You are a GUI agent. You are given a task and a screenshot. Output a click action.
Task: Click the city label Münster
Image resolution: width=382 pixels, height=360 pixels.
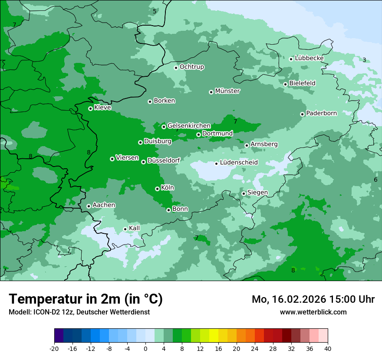click(x=227, y=91)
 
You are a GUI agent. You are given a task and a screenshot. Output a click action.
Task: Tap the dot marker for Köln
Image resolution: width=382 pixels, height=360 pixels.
click(x=157, y=189)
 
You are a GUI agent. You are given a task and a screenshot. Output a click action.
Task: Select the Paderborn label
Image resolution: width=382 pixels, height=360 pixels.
click(x=321, y=113)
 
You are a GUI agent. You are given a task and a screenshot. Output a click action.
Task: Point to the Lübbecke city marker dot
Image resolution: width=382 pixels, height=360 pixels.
click(x=291, y=59)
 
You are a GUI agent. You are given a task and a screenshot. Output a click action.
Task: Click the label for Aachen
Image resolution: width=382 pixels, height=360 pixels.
click(x=104, y=205)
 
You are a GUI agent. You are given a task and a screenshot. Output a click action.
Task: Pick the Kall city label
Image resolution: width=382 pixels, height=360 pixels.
click(x=134, y=228)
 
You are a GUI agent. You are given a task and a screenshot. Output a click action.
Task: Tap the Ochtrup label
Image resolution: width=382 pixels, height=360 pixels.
click(x=191, y=67)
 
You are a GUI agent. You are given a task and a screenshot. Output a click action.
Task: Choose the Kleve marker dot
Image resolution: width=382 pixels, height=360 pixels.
click(x=90, y=108)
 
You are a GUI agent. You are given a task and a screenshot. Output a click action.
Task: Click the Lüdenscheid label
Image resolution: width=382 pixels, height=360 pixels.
click(x=239, y=163)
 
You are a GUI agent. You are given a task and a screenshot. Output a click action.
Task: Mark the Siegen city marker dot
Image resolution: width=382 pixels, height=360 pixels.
click(x=244, y=193)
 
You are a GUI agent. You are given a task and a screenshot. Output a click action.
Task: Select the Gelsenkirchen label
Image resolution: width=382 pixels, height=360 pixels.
click(x=189, y=126)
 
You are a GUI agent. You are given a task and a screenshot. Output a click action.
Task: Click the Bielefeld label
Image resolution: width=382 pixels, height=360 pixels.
click(x=302, y=83)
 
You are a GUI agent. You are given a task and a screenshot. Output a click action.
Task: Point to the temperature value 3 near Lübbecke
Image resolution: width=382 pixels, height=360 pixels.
click(x=364, y=60)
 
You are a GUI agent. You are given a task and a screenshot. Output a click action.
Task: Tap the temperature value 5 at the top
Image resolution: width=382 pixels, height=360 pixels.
click(x=155, y=11)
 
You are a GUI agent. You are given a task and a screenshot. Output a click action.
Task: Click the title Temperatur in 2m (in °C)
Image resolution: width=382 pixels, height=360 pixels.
click(x=86, y=299)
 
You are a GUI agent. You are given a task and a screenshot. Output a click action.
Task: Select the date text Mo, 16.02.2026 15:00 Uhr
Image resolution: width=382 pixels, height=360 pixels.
click(x=313, y=299)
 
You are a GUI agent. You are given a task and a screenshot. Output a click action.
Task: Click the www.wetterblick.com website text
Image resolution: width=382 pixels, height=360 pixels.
click(x=313, y=312)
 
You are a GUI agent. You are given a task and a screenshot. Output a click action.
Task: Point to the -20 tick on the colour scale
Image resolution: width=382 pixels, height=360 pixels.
click(x=54, y=348)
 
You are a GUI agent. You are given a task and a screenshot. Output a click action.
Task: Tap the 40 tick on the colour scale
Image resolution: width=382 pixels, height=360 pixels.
click(x=328, y=348)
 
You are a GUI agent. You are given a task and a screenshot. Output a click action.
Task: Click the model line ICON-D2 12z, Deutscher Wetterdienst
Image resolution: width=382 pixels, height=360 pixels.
click(x=79, y=312)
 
